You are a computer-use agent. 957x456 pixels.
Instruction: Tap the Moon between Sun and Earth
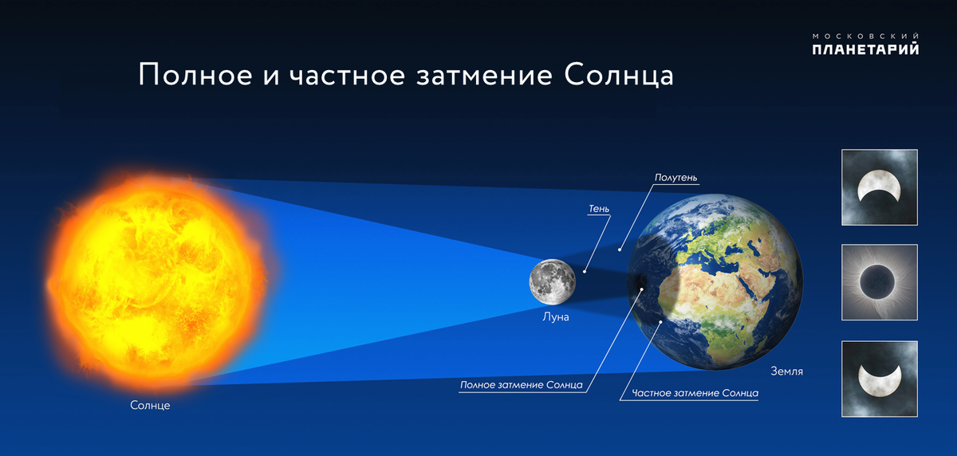click(552, 282)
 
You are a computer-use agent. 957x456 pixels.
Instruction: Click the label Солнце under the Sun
click(150, 406)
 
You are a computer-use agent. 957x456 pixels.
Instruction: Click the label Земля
click(786, 371)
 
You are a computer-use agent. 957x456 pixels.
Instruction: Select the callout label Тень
click(599, 209)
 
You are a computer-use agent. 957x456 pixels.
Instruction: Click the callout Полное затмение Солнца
click(522, 385)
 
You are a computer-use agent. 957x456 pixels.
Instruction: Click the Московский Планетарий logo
click(865, 45)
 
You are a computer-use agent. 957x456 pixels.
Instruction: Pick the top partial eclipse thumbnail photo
click(879, 187)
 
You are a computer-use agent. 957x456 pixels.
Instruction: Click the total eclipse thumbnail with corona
click(879, 282)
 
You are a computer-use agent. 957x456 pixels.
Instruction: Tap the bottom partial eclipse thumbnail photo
click(879, 378)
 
